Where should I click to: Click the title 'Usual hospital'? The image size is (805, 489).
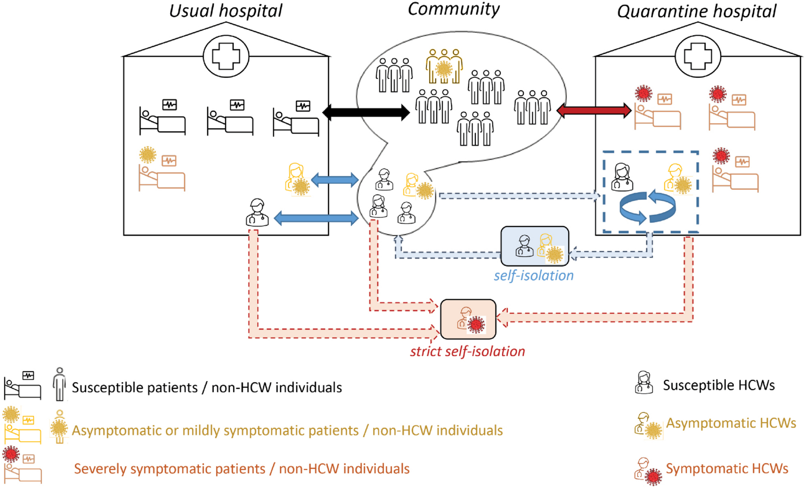(225, 11)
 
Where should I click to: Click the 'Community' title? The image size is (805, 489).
(453, 9)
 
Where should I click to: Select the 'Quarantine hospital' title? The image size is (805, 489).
(696, 11)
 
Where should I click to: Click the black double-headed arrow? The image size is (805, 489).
(366, 112)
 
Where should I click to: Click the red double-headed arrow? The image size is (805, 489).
(594, 110)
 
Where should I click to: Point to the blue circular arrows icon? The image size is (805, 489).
(648, 207)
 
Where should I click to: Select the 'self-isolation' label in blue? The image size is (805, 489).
(534, 275)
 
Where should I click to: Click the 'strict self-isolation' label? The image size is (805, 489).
(467, 351)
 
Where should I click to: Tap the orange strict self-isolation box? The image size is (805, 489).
(468, 319)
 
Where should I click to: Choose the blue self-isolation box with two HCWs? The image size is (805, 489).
(535, 246)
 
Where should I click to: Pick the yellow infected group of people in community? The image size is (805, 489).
(444, 66)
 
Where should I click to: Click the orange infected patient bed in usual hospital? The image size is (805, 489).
(162, 176)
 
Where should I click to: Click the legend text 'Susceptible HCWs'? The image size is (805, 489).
(718, 385)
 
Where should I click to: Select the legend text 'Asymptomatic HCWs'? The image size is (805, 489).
(731, 423)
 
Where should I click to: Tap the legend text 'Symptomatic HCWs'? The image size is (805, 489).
(727, 468)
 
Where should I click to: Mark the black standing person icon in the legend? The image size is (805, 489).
(59, 384)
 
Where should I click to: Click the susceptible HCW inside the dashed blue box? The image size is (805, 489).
(622, 177)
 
